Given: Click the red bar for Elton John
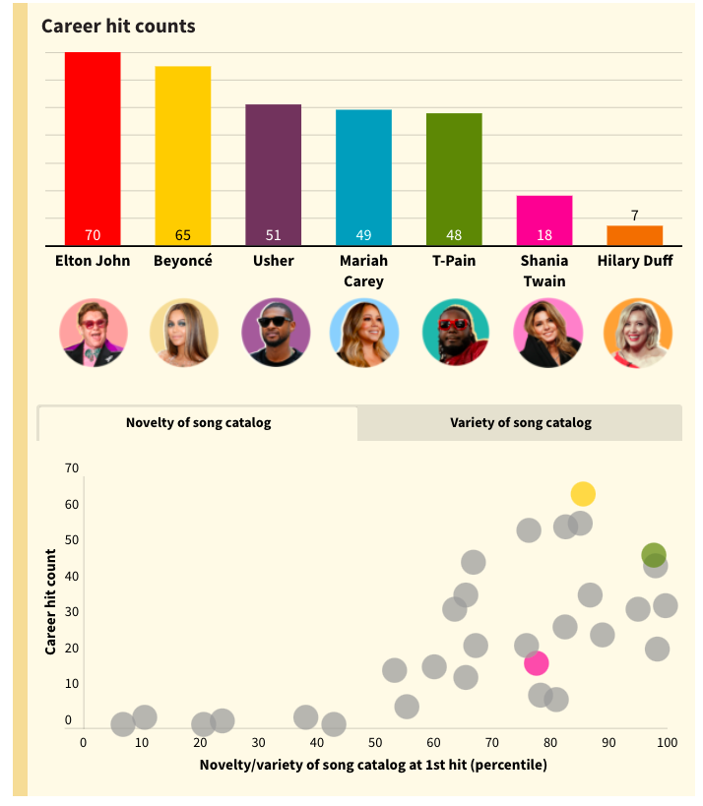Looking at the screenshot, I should coord(93,148).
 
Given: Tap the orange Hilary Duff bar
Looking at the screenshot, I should coord(634,235).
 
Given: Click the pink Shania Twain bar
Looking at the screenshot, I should coord(544,219).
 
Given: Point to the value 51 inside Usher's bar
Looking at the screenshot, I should coord(273,235).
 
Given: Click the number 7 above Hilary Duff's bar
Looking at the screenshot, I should coord(634,215).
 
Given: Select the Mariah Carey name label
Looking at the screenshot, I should coord(363,271).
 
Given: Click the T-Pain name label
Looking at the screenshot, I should coord(454,261).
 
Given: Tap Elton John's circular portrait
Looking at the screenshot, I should coord(94,333).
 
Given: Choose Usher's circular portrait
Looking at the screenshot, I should coord(275,333).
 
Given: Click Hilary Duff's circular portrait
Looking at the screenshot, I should coord(637,333).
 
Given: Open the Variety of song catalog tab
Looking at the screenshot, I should coord(521,423).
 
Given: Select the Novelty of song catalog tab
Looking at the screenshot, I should coord(198,423).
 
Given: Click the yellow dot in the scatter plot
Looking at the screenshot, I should coord(583,494).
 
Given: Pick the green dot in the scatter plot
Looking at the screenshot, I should coord(654,555).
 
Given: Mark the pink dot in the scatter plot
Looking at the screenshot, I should coord(536,663).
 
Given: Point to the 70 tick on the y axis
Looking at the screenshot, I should coord(72,468).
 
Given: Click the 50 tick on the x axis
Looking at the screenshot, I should coord(375,742).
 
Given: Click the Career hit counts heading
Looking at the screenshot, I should coord(118,26).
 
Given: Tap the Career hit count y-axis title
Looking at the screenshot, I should coord(50,602).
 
